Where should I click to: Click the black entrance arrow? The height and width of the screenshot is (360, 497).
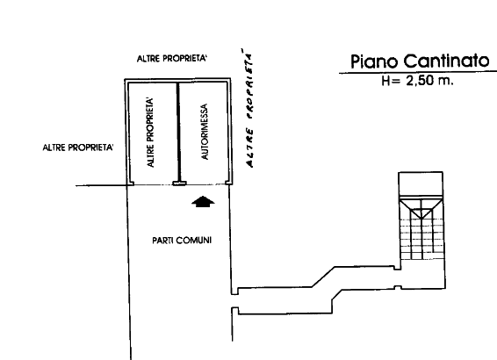[x=203, y=202]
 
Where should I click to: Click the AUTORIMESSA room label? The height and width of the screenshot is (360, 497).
[x=205, y=132]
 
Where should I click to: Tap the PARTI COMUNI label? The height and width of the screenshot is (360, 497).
[x=182, y=241]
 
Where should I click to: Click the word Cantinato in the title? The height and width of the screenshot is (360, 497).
[x=447, y=61]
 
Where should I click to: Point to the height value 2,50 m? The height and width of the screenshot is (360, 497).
[x=429, y=81]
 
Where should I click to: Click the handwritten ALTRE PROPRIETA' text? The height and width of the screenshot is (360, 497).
[x=249, y=108]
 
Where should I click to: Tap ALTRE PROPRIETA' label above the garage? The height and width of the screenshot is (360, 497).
[x=172, y=59]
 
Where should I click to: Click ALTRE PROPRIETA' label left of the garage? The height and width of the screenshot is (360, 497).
[x=78, y=148]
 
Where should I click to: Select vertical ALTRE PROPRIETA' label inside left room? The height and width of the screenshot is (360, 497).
[x=150, y=133]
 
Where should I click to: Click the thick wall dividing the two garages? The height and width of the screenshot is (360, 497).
[x=178, y=133]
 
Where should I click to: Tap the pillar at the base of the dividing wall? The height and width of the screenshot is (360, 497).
[x=179, y=184]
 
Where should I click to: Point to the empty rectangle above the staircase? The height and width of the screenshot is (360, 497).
[x=421, y=184]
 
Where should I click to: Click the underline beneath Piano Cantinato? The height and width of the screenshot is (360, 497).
[x=418, y=73]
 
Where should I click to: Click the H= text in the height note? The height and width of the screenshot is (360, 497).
[x=391, y=81]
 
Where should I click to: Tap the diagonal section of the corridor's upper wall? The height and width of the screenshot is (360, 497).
[x=323, y=277]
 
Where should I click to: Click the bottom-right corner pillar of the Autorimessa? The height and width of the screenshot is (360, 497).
[x=228, y=183]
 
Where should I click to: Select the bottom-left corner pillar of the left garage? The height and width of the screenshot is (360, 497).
[x=130, y=183]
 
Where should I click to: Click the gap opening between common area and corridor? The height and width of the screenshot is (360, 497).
[x=234, y=301]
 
